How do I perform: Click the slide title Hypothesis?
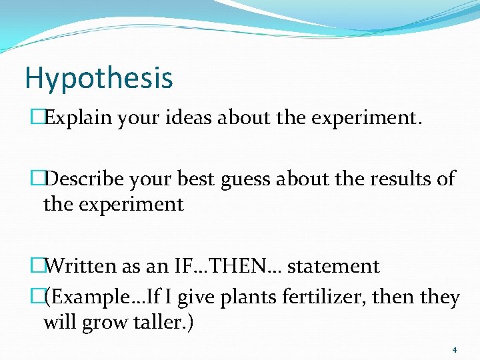click(99, 79)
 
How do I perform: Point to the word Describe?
click(87, 179)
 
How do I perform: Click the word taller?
click(166, 322)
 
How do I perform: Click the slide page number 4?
click(454, 349)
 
